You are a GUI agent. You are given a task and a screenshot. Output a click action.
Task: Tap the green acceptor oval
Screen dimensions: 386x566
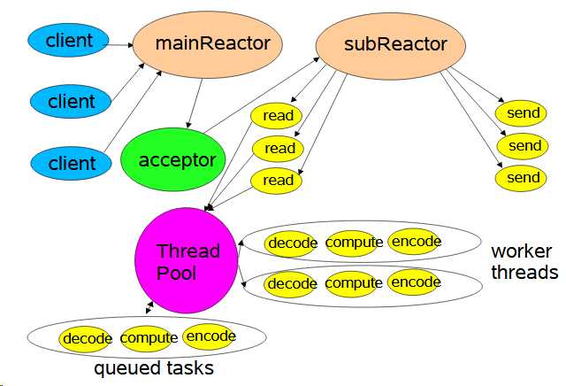(x=177, y=160)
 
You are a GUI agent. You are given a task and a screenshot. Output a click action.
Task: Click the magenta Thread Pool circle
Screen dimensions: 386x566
(x=187, y=261)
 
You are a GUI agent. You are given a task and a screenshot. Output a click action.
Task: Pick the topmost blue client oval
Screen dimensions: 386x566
(x=69, y=39)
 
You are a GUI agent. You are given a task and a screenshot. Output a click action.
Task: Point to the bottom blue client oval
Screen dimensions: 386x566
(x=72, y=163)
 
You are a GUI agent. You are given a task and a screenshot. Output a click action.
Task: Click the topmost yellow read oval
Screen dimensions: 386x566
(x=278, y=116)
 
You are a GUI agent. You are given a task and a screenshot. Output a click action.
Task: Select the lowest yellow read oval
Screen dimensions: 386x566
(x=278, y=180)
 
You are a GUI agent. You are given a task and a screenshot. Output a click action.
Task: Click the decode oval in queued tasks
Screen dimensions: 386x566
(x=87, y=338)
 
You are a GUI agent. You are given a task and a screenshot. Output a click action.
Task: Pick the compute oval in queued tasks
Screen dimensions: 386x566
(x=149, y=338)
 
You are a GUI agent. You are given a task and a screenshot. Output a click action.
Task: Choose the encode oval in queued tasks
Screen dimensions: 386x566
(x=210, y=336)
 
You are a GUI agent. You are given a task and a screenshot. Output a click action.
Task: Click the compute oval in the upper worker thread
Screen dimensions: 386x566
(x=354, y=242)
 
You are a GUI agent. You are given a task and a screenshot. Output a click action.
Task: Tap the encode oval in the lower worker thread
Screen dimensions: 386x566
(x=415, y=282)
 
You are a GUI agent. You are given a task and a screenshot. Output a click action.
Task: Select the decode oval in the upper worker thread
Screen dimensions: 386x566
(x=292, y=243)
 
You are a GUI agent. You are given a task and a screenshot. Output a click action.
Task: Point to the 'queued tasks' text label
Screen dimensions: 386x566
(x=154, y=367)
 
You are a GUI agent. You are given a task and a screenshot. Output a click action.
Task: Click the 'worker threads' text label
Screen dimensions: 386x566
(x=524, y=262)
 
